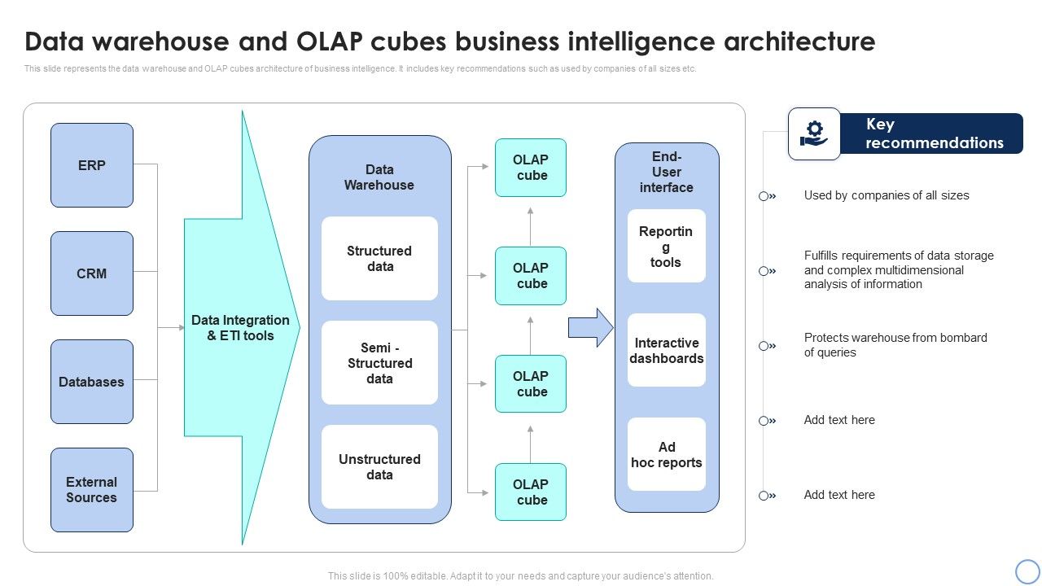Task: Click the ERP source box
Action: pos(92,165)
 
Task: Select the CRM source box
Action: pos(92,273)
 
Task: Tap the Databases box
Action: pos(92,382)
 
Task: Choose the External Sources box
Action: pos(92,490)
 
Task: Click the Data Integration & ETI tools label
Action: pos(240,328)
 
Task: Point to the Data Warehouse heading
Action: pos(379,177)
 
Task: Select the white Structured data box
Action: pos(379,259)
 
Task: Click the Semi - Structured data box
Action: pos(379,363)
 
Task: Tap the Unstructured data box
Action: pos(379,467)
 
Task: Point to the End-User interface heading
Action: pos(667,172)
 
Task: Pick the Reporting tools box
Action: pos(667,247)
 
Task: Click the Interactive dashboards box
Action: pos(667,351)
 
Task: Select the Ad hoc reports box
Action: pos(667,455)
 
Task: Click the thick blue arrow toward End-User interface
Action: pos(590,328)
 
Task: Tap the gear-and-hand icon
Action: pos(814,133)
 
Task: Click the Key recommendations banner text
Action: pos(934,133)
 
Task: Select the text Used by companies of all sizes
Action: pos(887,195)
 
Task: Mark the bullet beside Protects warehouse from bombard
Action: pos(767,346)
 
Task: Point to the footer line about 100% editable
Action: pos(521,575)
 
